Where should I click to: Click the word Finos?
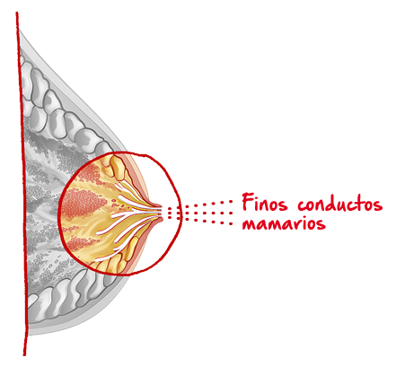[x=265, y=203]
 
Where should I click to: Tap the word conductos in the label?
[x=340, y=204]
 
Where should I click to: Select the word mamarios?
[x=284, y=223]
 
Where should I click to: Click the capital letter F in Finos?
[x=247, y=202]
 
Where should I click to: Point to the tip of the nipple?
[x=162, y=212]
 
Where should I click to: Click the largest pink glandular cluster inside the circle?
[x=84, y=203]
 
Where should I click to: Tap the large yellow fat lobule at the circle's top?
[x=118, y=168]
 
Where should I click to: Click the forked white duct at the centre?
[x=133, y=214]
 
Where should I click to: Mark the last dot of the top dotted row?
[x=231, y=202]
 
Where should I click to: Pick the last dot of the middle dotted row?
[x=231, y=214]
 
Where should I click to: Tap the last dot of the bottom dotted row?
[x=231, y=223]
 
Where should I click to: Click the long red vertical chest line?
[x=22, y=184]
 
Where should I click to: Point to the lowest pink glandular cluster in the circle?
[x=78, y=243]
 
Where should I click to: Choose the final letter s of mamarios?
[x=321, y=224]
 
